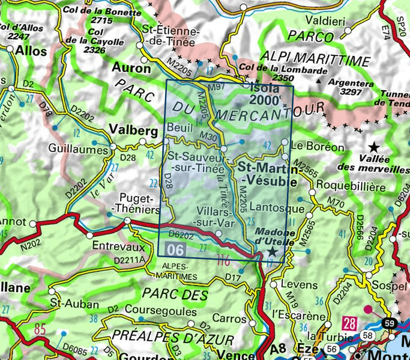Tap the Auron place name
(x=131, y=68)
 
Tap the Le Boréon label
(x=316, y=146)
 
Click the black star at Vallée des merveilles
(x=374, y=146)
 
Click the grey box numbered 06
(x=176, y=248)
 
